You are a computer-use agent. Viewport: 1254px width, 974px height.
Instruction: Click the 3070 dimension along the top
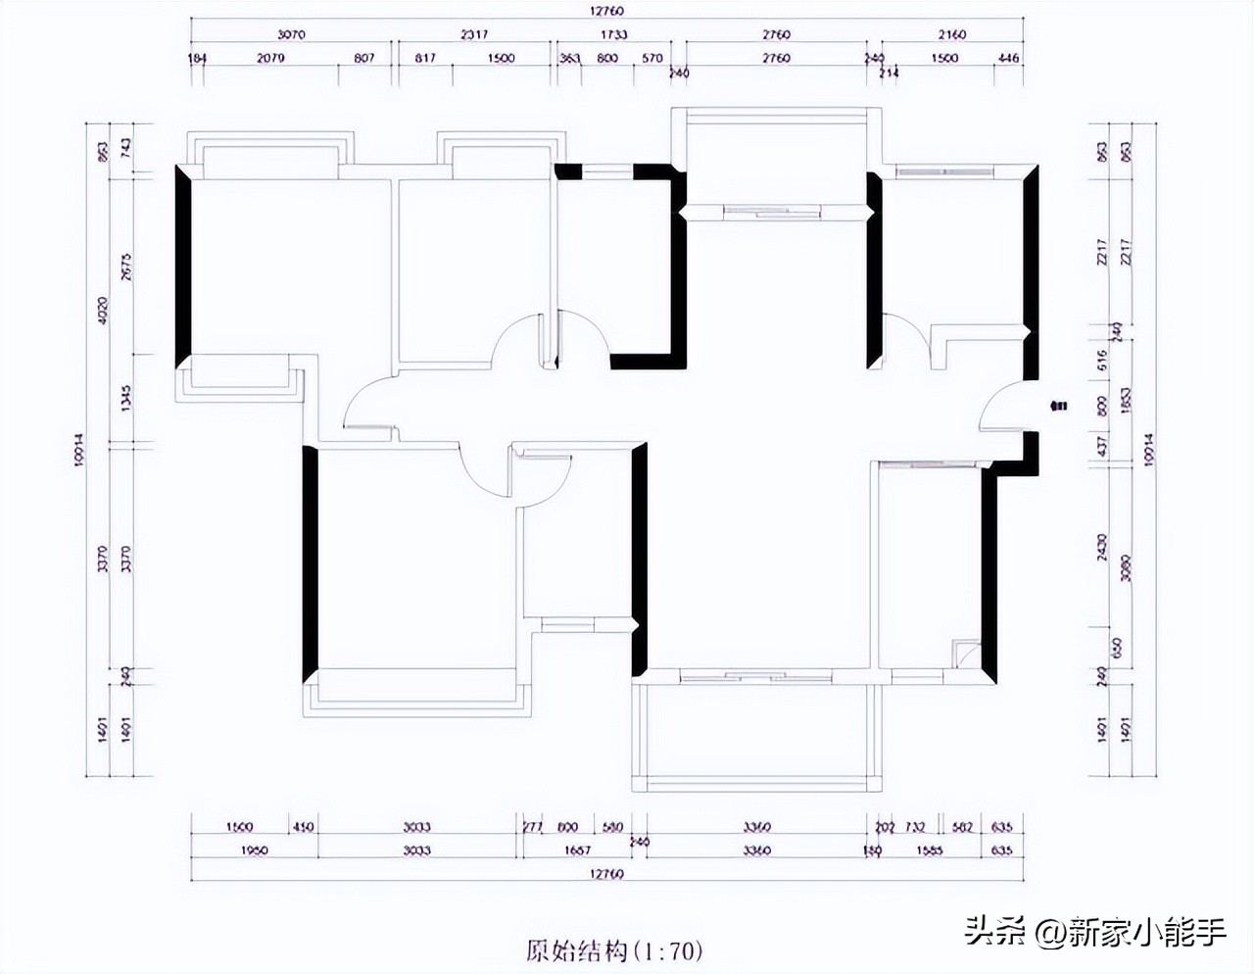(291, 35)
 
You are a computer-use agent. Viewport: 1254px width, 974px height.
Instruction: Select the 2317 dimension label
(472, 35)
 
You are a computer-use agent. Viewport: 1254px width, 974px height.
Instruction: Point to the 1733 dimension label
(614, 35)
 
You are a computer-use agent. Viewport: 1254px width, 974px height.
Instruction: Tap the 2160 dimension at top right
(948, 35)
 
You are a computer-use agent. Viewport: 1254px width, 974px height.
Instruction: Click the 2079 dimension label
(271, 59)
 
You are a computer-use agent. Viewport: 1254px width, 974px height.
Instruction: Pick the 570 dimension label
(652, 59)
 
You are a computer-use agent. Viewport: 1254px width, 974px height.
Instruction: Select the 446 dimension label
(1007, 59)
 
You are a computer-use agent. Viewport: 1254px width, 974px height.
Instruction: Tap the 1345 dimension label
(124, 398)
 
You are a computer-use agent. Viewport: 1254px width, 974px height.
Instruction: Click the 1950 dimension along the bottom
(254, 851)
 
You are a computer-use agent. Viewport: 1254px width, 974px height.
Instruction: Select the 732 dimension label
(915, 827)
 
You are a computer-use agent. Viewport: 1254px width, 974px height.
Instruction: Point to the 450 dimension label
(303, 827)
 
